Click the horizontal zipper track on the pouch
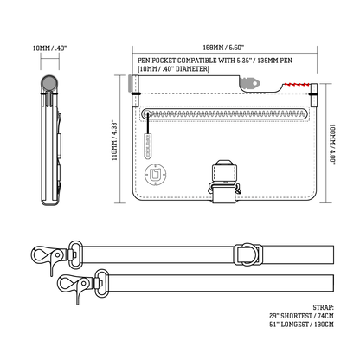click(x=225, y=113)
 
